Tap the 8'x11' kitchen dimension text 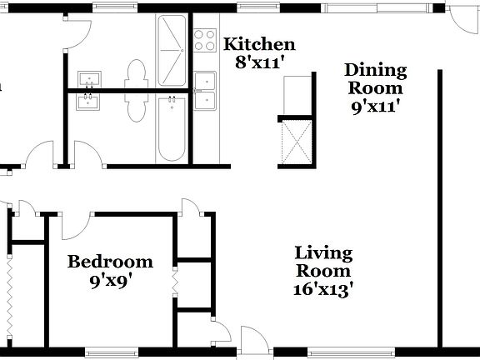(x=260, y=62)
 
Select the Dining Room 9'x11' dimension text (x=375, y=106)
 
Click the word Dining (x=376, y=70)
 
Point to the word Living (x=324, y=253)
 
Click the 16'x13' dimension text (x=324, y=290)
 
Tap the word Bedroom (x=110, y=262)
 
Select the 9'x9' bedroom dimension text (x=110, y=281)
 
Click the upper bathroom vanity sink (x=88, y=79)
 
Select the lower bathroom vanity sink (x=88, y=102)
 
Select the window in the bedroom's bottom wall (x=109, y=351)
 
